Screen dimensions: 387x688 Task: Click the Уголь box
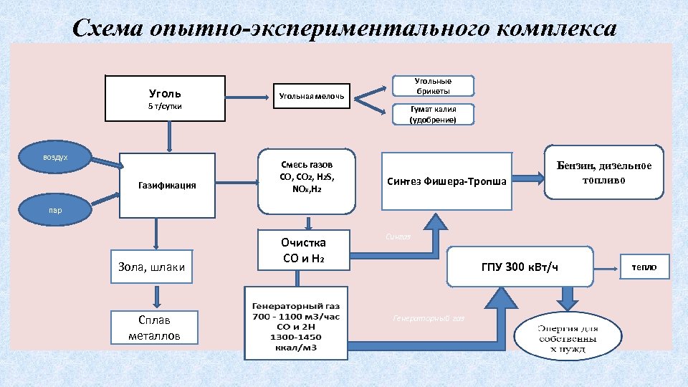[x=165, y=98]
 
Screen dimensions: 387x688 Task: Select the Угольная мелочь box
[x=311, y=95]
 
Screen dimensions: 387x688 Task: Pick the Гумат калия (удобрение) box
[x=433, y=115]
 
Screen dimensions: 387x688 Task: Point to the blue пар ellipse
[x=55, y=210]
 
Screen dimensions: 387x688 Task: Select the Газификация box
[x=166, y=185]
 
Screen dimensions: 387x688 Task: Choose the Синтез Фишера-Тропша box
[x=446, y=181]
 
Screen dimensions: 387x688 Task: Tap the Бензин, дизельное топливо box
[x=604, y=173]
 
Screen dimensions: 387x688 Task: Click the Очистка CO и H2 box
[x=304, y=250]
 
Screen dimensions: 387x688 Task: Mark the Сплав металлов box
[x=155, y=328]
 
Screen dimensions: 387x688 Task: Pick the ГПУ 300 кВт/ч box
[x=520, y=267]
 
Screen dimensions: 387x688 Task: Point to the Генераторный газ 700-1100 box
[x=295, y=322]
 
